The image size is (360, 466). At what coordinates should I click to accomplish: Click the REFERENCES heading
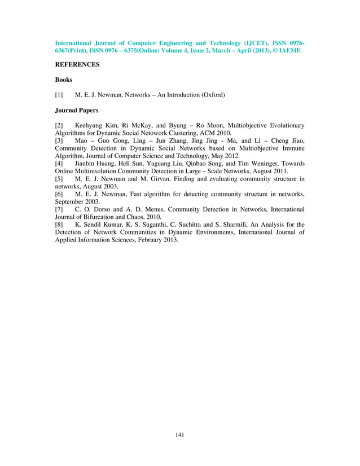coord(77,65)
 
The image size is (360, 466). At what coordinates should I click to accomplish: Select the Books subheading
coord(64,80)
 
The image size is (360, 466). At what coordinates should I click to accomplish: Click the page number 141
coord(180,434)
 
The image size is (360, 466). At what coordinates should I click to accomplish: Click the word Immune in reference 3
coord(293,148)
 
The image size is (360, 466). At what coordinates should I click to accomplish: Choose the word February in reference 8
coord(145,240)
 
